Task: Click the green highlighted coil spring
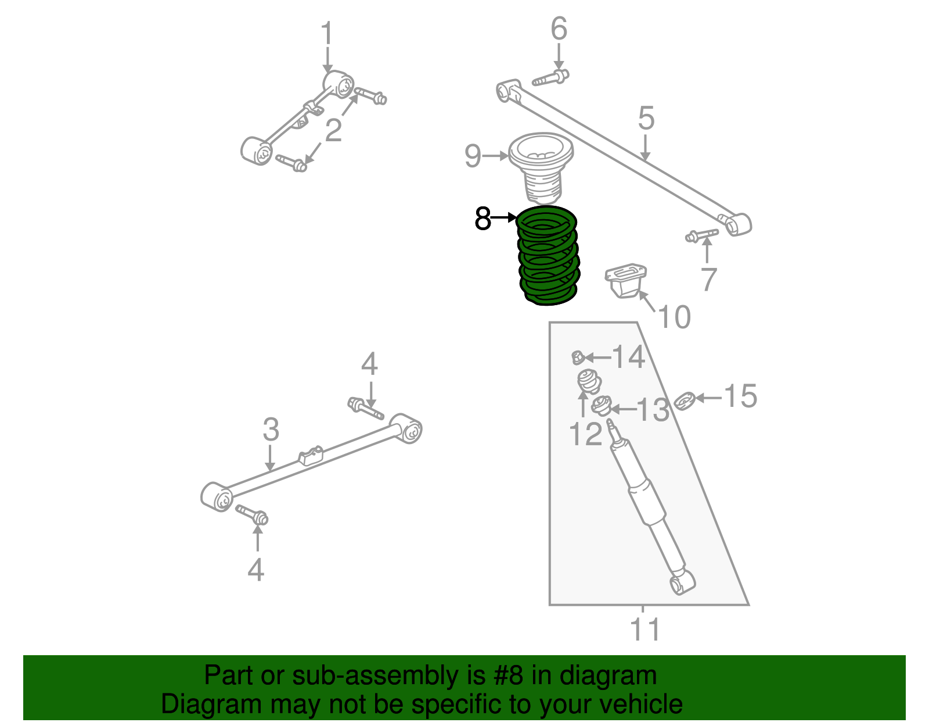point(548,256)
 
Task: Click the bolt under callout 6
point(550,78)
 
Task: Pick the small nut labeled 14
point(577,357)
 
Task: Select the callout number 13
point(653,410)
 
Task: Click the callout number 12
point(585,434)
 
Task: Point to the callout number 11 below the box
point(645,630)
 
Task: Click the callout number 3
point(271,430)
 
